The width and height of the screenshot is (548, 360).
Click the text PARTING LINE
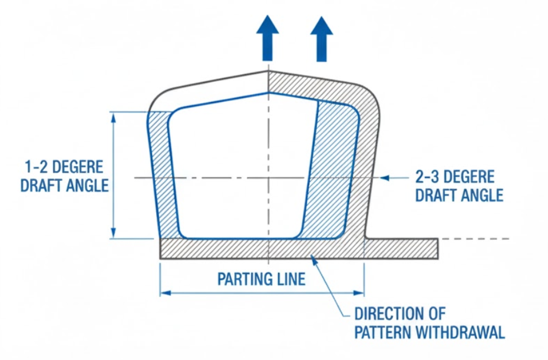click(x=262, y=278)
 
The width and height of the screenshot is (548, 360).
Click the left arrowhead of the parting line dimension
click(x=166, y=292)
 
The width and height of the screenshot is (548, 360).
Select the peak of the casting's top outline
click(x=268, y=72)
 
